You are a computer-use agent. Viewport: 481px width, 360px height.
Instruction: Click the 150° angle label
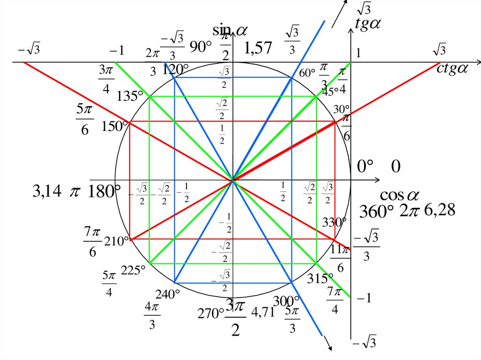click(113, 127)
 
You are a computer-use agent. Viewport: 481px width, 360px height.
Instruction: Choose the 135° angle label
click(130, 96)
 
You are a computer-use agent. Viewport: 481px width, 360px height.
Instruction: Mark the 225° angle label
click(133, 271)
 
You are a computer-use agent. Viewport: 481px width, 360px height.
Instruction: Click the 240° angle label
click(168, 295)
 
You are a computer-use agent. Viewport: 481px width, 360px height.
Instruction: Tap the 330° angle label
click(334, 222)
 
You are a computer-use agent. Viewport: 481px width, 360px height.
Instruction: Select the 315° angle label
click(320, 279)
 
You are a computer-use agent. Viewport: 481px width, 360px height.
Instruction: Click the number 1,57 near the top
click(258, 48)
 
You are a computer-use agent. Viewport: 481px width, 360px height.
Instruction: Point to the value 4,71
click(263, 313)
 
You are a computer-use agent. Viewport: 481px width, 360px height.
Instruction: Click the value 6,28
click(440, 210)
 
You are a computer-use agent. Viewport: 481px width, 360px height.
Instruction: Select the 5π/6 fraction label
click(85, 119)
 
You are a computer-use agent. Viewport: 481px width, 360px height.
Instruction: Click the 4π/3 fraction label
click(152, 315)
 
